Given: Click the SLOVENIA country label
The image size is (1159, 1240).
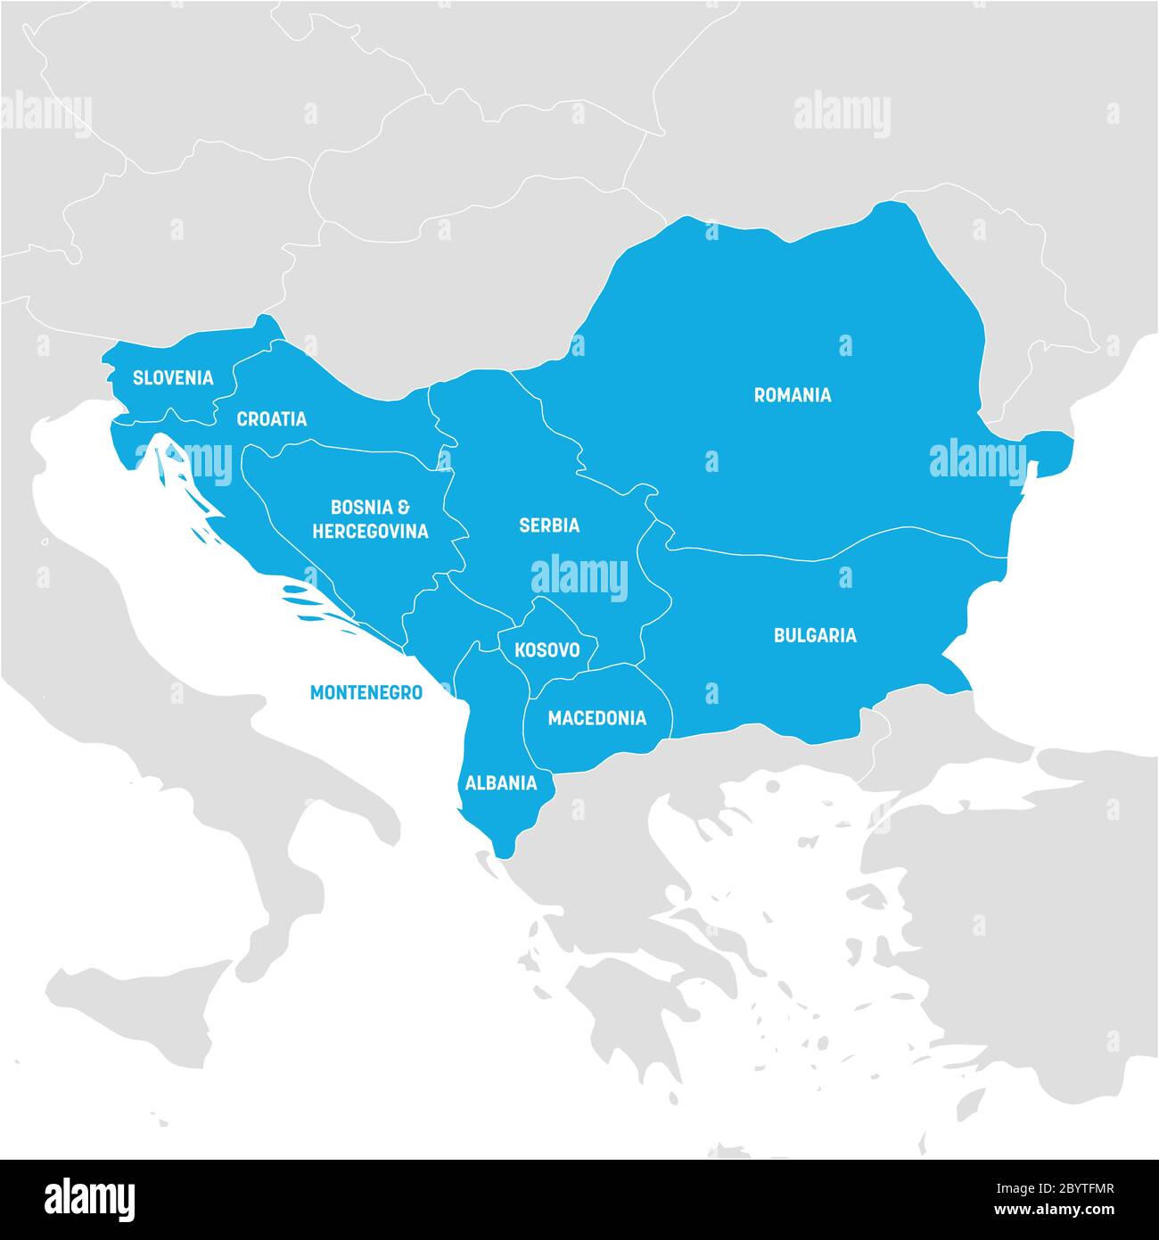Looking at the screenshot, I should pos(173,377).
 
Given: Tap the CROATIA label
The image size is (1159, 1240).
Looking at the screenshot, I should pos(271,419).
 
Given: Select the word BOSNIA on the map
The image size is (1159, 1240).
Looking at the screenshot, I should pos(361,508).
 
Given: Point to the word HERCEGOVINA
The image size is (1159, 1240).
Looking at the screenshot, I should pos(370,532).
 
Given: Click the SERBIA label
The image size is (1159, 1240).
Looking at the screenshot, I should pos(549,525).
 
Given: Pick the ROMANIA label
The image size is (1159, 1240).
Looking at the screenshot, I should pos(792,395).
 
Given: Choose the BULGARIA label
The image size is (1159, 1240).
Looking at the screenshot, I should pos(814,635).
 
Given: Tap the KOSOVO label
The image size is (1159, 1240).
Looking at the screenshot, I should pos(547,650).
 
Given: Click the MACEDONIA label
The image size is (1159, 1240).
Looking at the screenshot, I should pos(596,718).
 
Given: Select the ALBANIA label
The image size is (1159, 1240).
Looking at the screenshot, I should pos(501,783).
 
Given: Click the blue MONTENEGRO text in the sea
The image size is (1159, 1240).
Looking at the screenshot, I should pos(366,692).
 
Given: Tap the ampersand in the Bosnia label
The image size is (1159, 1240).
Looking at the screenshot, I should pos(403,508).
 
